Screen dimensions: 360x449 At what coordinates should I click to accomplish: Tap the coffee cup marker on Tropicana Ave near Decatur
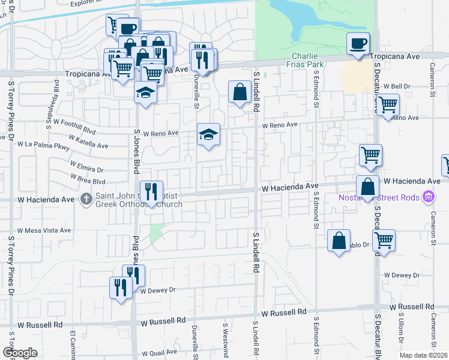358,44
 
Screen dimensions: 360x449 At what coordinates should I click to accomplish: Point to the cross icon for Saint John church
87,198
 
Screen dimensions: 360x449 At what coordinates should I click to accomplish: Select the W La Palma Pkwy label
44,145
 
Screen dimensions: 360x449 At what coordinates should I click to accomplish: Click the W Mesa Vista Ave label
44,230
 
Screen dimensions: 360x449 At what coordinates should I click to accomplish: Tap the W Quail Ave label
160,353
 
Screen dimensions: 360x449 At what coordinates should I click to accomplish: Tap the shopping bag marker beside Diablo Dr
339,241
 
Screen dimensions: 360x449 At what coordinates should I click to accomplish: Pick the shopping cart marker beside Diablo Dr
384,241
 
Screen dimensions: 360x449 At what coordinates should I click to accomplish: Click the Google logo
20,353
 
